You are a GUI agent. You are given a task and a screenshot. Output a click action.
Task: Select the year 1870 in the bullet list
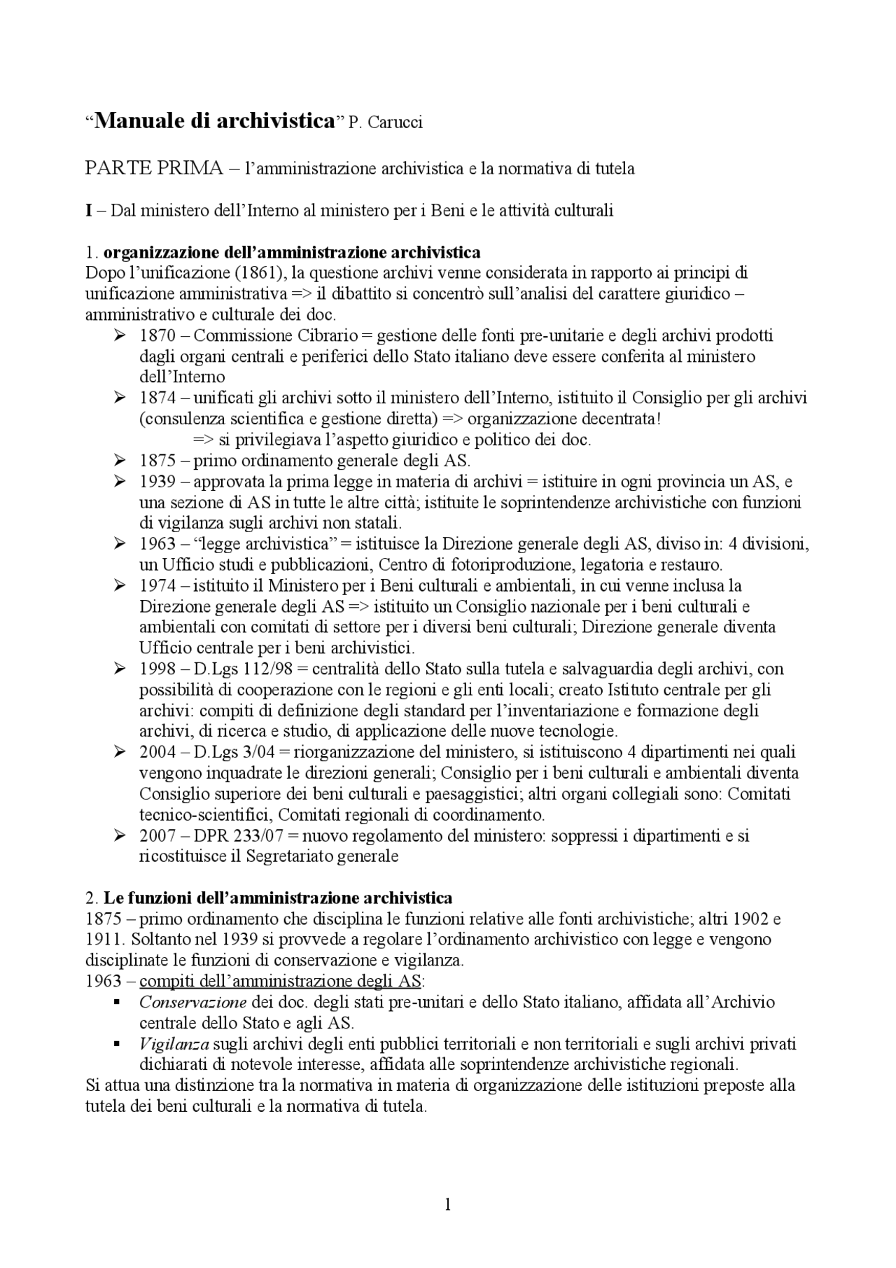click(x=157, y=335)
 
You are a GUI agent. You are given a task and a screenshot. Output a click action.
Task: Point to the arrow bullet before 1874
click(x=119, y=398)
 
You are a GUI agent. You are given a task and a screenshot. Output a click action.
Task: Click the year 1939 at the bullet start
click(x=157, y=482)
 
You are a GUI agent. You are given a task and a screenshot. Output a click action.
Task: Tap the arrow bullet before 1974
click(x=119, y=585)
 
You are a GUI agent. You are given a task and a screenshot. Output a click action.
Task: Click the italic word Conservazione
click(x=192, y=1003)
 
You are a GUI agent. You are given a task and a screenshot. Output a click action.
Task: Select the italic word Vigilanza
click(x=174, y=1045)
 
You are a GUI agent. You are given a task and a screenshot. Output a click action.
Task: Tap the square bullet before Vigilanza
click(x=117, y=1044)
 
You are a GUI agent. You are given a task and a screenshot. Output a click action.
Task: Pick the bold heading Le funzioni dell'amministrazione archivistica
click(x=278, y=898)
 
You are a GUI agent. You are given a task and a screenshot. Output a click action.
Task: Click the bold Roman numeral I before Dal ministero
click(x=89, y=210)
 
